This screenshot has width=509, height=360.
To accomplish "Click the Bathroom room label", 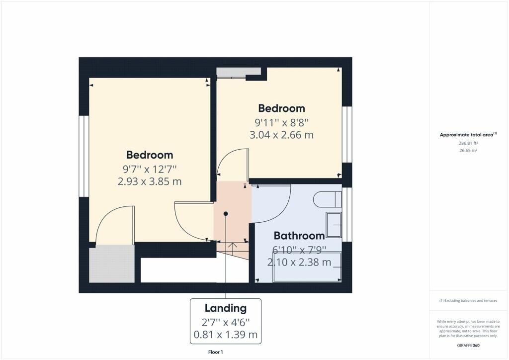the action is tap(299, 235).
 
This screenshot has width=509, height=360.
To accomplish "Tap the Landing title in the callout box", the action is tap(226, 308).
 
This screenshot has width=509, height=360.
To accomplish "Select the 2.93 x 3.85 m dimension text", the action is tap(149, 181).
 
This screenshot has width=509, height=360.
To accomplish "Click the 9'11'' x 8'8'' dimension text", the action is tap(281, 123).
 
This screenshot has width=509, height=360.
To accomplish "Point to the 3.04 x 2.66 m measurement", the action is tap(281, 135).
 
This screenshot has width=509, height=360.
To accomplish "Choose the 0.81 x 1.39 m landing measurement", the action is tap(226, 334).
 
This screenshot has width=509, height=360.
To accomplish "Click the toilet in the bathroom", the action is tap(328, 199).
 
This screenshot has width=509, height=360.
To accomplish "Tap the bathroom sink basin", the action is tap(334, 225).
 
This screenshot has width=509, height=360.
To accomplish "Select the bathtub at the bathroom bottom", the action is tap(307, 267).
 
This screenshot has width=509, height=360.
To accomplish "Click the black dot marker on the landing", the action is tap(226, 214).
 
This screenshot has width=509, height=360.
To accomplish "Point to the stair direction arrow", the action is tap(233, 249).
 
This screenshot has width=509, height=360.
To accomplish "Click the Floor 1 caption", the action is tap(216, 352).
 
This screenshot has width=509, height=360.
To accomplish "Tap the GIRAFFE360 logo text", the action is tap(468, 346).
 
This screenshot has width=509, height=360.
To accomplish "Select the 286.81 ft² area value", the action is tap(468, 143).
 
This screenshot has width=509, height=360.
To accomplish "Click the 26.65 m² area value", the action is tap(468, 151).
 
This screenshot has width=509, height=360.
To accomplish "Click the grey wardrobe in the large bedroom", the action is tap(112, 264).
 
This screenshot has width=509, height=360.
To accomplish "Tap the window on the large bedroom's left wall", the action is tap(84, 156).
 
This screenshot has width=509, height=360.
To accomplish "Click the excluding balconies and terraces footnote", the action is tap(468, 301).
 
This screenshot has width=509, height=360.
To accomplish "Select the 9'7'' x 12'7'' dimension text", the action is tap(149, 169).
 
